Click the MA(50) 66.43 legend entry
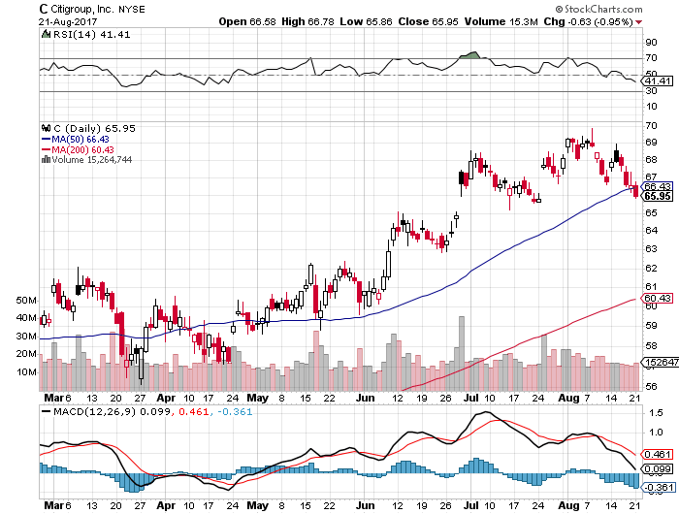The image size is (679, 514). coord(75,138)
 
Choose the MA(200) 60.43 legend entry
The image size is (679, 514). coord(77,148)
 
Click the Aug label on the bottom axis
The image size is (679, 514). coord(572,397)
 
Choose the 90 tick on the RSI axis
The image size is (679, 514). coord(651,42)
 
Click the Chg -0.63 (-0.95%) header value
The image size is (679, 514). coord(612,21)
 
